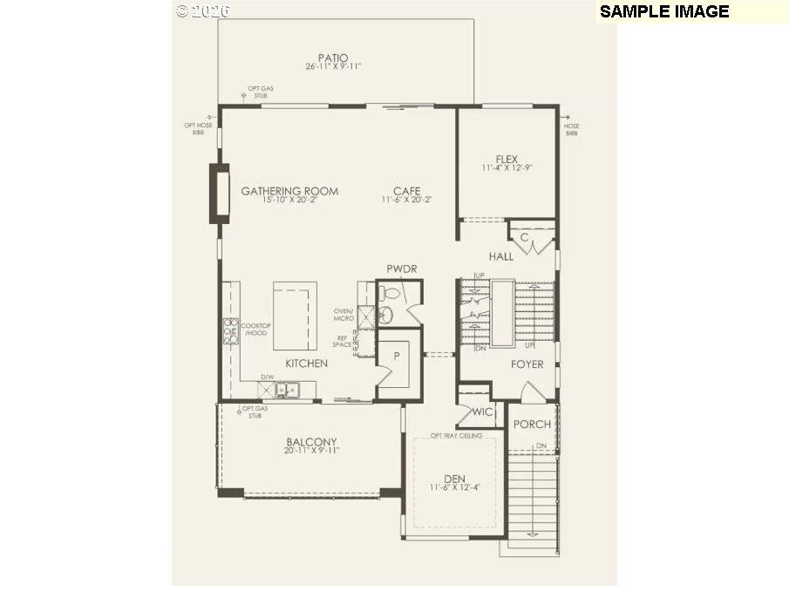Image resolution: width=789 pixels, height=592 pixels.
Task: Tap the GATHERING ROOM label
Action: click(x=289, y=191)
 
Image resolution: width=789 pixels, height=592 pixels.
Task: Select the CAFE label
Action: click(x=406, y=191)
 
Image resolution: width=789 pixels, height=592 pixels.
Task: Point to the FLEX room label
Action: click(x=507, y=160)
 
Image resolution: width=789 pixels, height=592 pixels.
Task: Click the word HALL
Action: click(x=501, y=257)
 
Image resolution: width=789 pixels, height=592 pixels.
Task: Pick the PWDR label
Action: click(x=400, y=269)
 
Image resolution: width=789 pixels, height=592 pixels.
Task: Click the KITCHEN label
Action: click(x=306, y=363)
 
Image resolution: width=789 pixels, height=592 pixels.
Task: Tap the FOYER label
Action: click(x=527, y=364)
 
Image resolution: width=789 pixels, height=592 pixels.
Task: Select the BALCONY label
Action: click(x=311, y=442)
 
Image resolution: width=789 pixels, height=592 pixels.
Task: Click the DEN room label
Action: click(x=454, y=478)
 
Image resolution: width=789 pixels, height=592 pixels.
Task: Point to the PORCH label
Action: click(x=532, y=425)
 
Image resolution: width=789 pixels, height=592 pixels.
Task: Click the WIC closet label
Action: click(x=483, y=412)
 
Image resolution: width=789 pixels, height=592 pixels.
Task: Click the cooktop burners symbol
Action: click(x=231, y=332)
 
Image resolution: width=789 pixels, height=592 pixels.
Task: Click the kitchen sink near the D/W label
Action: click(x=289, y=390)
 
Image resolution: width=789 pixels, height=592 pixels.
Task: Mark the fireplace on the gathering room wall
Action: click(x=217, y=193)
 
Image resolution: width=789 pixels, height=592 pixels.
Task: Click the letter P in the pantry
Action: click(x=396, y=356)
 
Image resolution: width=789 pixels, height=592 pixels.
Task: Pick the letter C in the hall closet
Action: click(x=525, y=237)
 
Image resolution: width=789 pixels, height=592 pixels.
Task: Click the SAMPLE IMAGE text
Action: click(x=664, y=11)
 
